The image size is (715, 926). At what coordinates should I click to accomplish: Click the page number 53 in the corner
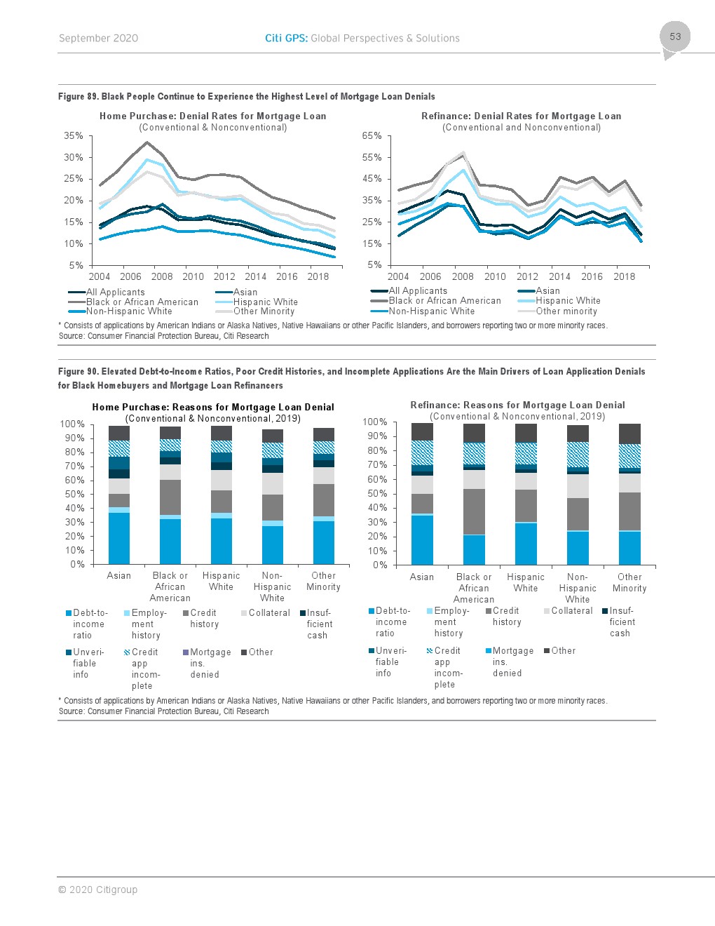pyautogui.click(x=675, y=36)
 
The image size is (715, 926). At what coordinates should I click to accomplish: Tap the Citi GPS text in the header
pyautogui.click(x=286, y=39)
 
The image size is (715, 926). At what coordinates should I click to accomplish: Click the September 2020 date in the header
pyautogui.click(x=98, y=39)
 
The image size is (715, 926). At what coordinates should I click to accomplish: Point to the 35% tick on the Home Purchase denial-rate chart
pyautogui.click(x=74, y=136)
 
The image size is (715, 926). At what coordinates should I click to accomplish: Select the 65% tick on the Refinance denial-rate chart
pyautogui.click(x=372, y=136)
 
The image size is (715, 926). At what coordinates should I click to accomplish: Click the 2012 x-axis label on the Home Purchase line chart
pyautogui.click(x=224, y=276)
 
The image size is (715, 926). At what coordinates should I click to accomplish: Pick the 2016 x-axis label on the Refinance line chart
pyautogui.click(x=592, y=276)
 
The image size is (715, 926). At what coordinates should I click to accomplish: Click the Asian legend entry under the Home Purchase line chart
pyautogui.click(x=245, y=293)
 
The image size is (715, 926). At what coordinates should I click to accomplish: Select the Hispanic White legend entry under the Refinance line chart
pyautogui.click(x=568, y=301)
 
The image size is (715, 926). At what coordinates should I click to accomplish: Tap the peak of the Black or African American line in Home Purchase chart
pyautogui.click(x=147, y=142)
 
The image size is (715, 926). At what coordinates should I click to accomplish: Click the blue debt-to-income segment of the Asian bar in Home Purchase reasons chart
pyautogui.click(x=119, y=538)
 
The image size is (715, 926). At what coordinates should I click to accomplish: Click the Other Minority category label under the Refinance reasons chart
pyautogui.click(x=629, y=583)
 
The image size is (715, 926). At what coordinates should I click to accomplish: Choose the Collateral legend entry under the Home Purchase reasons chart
pyautogui.click(x=269, y=613)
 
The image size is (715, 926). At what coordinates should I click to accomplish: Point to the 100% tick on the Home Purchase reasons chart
pyautogui.click(x=72, y=424)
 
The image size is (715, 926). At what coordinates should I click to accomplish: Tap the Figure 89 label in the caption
pyautogui.click(x=78, y=97)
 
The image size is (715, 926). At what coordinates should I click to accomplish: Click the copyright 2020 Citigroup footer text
pyautogui.click(x=97, y=890)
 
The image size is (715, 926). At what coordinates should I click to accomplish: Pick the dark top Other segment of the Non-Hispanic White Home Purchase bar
pyautogui.click(x=272, y=436)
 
